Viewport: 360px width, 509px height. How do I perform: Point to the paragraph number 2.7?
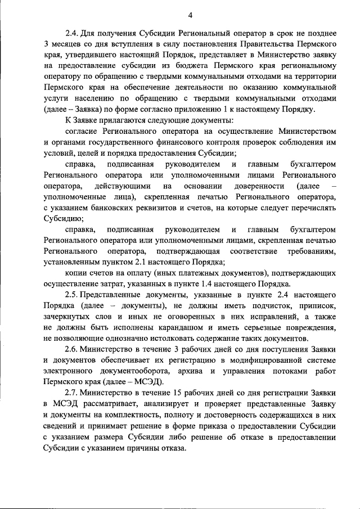coord(71,391)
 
